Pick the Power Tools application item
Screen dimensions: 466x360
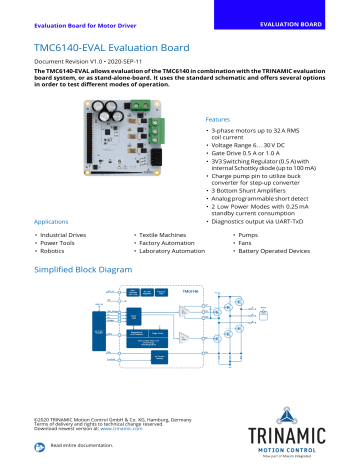coord(59,242)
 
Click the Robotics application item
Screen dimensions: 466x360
coord(54,251)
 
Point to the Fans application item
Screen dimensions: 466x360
coord(254,242)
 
